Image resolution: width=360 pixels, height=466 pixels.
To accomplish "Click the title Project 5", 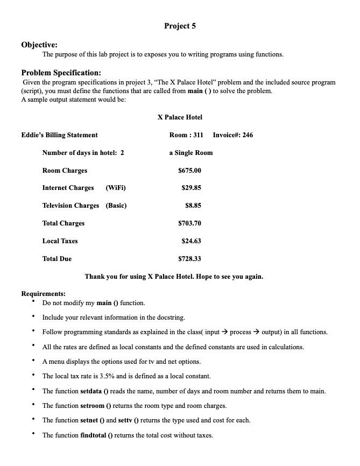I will (x=180, y=26).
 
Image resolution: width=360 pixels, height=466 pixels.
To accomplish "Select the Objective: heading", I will (x=39, y=45).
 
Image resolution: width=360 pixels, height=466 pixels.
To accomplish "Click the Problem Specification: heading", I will (x=61, y=73).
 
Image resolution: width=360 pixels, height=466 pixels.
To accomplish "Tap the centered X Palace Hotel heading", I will (x=180, y=117).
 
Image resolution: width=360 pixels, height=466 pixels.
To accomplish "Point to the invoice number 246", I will (x=247, y=135).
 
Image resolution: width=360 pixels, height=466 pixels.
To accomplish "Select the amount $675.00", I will (x=189, y=171).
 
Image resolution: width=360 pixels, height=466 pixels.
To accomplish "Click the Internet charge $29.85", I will (x=191, y=188).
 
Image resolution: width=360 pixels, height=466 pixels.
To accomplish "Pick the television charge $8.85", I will (x=193, y=205).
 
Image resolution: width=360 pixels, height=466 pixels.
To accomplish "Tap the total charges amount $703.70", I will (x=189, y=223).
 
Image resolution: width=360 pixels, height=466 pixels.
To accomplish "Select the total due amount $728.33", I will (x=189, y=258).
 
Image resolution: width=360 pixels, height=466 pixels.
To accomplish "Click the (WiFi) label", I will (x=116, y=188).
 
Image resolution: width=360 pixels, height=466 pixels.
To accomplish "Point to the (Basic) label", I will (x=116, y=205).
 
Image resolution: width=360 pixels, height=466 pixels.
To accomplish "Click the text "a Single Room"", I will (x=190, y=152).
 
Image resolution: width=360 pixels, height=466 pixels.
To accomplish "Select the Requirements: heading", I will (x=43, y=293).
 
